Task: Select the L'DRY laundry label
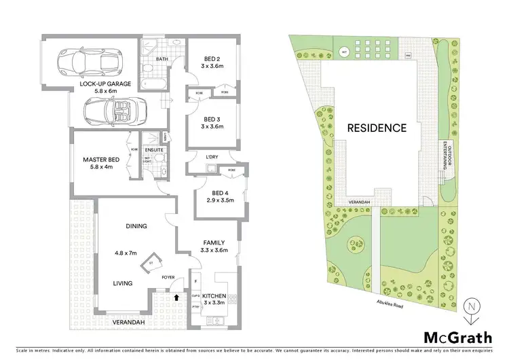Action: tap(212, 158)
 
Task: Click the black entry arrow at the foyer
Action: tap(178, 296)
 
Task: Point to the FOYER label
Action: tap(168, 276)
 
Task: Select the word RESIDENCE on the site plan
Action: tap(377, 127)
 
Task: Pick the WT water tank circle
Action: tap(344, 51)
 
